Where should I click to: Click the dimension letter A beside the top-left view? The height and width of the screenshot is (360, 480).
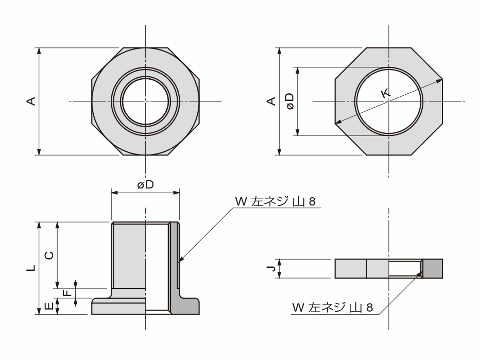coord(31,101)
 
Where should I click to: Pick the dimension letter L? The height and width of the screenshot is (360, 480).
coord(31,268)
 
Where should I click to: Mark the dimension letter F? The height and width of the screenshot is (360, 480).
coord(66,294)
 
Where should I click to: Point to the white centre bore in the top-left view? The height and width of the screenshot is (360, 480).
coord(145,101)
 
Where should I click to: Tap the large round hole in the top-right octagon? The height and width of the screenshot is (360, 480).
coord(388,101)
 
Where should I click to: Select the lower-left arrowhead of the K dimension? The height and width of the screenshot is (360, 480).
coord(338,123)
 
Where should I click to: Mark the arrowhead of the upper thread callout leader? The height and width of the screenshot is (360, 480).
coord(180,261)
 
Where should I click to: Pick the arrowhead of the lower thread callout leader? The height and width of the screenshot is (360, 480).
coord(421,274)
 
